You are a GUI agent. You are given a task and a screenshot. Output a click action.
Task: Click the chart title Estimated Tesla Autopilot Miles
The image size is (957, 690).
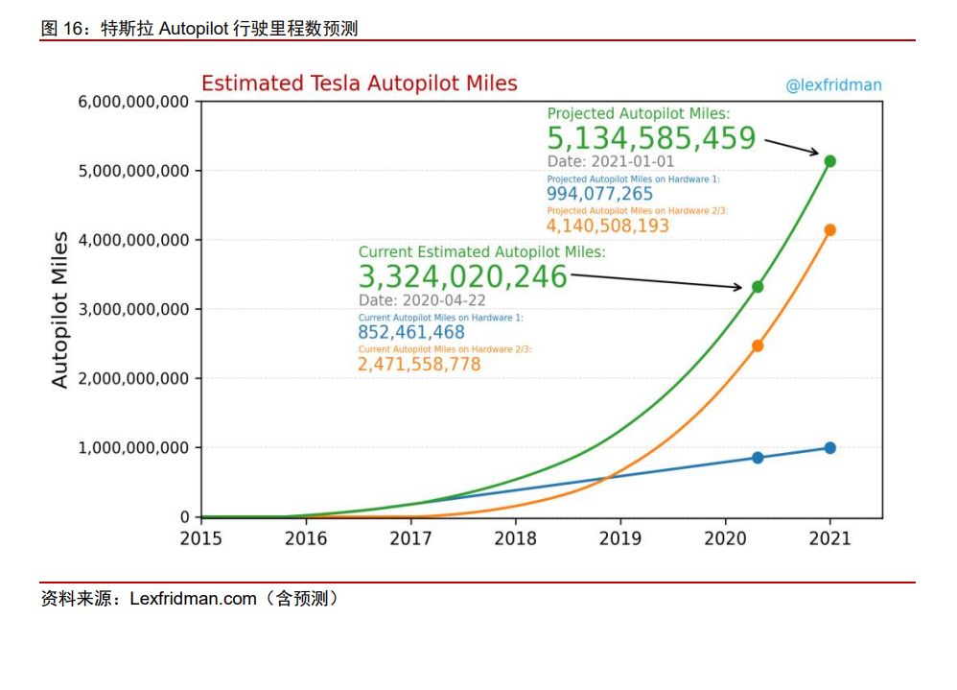359,83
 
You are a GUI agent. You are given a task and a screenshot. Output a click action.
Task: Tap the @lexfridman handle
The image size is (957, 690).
833,85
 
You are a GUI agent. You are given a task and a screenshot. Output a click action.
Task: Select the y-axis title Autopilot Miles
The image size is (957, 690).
60,309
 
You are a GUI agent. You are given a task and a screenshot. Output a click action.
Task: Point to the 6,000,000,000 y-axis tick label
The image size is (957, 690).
133,102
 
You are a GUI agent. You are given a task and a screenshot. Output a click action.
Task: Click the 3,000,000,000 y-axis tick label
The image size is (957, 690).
133,309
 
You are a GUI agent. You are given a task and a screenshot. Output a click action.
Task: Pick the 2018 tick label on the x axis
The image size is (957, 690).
515,538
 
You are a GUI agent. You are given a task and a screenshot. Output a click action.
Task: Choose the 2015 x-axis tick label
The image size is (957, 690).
200,538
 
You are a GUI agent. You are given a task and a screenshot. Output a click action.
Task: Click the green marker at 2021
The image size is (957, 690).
829,161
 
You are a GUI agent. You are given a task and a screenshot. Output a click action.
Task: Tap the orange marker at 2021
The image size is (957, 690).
829,230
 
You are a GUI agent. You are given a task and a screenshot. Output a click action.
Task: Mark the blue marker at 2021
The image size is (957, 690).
829,448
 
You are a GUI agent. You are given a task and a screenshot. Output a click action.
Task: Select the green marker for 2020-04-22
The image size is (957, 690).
758,287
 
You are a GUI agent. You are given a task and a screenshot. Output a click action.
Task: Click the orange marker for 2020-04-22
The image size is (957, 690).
758,345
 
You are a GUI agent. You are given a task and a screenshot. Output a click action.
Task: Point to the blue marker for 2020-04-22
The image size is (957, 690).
758,458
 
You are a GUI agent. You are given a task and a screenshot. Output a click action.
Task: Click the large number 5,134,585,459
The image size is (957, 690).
652,139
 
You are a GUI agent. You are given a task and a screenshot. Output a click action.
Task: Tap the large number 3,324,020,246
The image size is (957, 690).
463,277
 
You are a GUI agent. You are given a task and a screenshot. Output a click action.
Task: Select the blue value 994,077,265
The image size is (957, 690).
599,194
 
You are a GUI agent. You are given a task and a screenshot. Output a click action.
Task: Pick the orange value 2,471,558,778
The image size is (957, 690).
419,365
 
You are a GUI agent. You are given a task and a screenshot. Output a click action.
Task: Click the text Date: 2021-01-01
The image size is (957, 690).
611,161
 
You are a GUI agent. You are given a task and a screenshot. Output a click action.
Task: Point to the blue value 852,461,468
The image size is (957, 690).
410,333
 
